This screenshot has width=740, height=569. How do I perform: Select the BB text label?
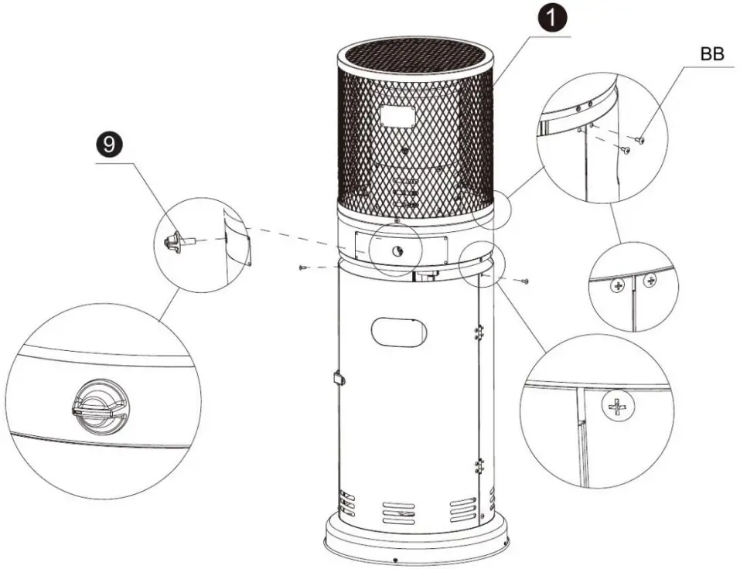pyautogui.click(x=711, y=56)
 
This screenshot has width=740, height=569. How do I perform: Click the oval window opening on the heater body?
pyautogui.click(x=398, y=332)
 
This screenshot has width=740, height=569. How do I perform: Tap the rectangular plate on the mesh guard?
pyautogui.click(x=398, y=118)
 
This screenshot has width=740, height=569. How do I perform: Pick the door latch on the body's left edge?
pyautogui.click(x=339, y=378)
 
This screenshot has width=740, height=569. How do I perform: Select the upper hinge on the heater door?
pyautogui.click(x=479, y=331)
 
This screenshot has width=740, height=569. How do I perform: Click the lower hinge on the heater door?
pyautogui.click(x=479, y=467)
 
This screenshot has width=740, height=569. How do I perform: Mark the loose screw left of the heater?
pyautogui.click(x=302, y=267)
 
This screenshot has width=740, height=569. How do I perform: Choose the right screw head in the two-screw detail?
pyautogui.click(x=650, y=280)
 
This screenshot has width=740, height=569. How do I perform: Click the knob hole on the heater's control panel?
pyautogui.click(x=396, y=249)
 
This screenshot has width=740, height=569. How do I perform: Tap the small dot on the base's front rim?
pyautogui.click(x=395, y=559)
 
